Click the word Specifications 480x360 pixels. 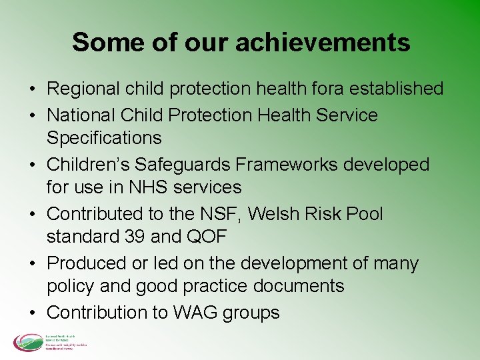click(x=104, y=138)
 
